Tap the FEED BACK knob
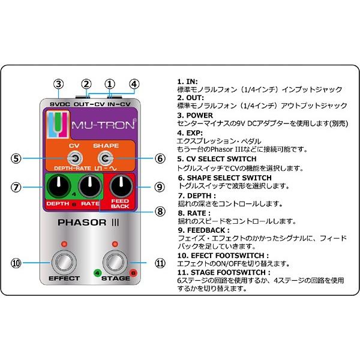tap(124, 186)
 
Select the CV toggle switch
tap(74, 158)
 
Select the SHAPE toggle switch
tap(106, 158)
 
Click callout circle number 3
tap(58, 83)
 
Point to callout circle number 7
tap(16, 187)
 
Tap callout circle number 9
tap(159, 187)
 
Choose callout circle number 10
tap(16, 263)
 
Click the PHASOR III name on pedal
tap(87, 225)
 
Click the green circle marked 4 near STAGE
tap(97, 273)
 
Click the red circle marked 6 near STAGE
tap(133, 273)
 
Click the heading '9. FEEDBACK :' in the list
tap(203, 230)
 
